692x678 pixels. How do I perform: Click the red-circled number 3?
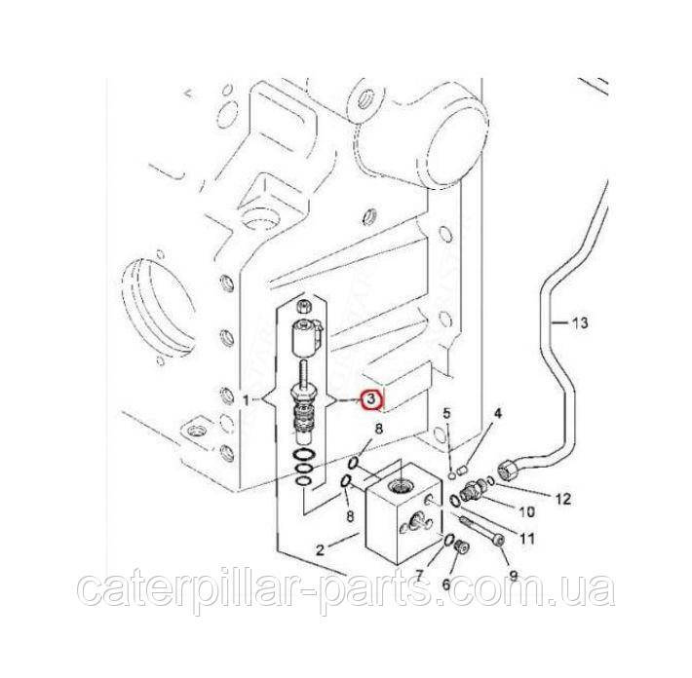pos(370,399)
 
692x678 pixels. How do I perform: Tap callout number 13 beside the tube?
pos(581,321)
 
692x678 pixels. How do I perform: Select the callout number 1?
pos(245,399)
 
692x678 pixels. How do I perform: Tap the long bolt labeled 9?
pos(482,531)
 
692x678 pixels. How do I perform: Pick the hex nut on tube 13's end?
pos(509,471)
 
